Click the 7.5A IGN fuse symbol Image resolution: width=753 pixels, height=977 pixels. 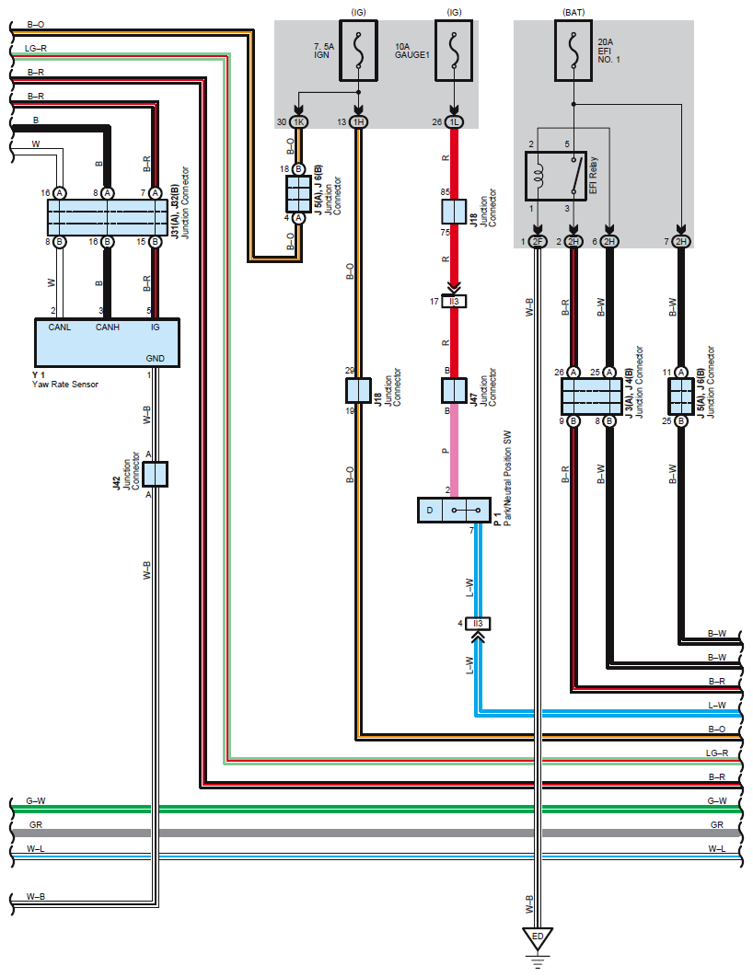click(358, 51)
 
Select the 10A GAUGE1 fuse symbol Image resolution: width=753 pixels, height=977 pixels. click(454, 51)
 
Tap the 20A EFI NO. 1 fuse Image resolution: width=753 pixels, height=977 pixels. click(573, 51)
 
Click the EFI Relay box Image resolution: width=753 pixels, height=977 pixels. click(556, 177)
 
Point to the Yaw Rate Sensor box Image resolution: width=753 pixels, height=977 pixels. click(107, 343)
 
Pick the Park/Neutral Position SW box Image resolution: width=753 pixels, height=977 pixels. click(454, 511)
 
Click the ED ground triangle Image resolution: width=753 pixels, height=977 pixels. click(538, 937)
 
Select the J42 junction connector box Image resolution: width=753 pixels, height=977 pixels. click(156, 474)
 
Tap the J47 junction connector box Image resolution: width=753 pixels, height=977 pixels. click(454, 391)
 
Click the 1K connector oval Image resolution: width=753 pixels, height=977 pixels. click(298, 122)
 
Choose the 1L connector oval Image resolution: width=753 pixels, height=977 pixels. click(454, 122)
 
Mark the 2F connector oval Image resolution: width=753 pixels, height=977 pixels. click(538, 241)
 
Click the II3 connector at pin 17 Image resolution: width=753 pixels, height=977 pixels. click(454, 302)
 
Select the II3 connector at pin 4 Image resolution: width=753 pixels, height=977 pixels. click(478, 624)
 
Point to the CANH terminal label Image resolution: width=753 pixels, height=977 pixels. click(107, 328)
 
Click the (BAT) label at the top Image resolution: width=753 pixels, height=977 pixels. click(573, 13)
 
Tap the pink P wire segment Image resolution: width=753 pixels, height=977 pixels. click(454, 451)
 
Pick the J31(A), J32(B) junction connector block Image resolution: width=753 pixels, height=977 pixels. click(107, 217)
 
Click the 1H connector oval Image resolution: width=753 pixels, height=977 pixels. click(358, 122)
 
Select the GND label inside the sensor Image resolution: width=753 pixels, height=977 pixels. click(156, 358)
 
